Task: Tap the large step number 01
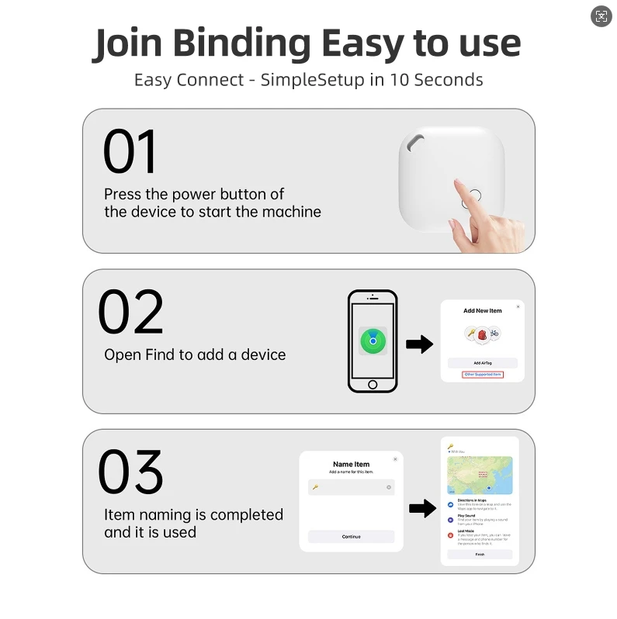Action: (130, 152)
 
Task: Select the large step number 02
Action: (130, 313)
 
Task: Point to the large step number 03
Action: (130, 472)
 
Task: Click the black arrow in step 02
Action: (419, 344)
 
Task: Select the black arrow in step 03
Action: (421, 508)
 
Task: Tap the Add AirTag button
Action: (482, 363)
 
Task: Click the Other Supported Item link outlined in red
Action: (482, 375)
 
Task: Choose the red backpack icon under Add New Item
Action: (482, 334)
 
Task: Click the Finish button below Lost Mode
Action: (480, 555)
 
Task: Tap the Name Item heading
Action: (351, 465)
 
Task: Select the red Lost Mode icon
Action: (451, 534)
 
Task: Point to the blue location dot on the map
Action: (490, 487)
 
